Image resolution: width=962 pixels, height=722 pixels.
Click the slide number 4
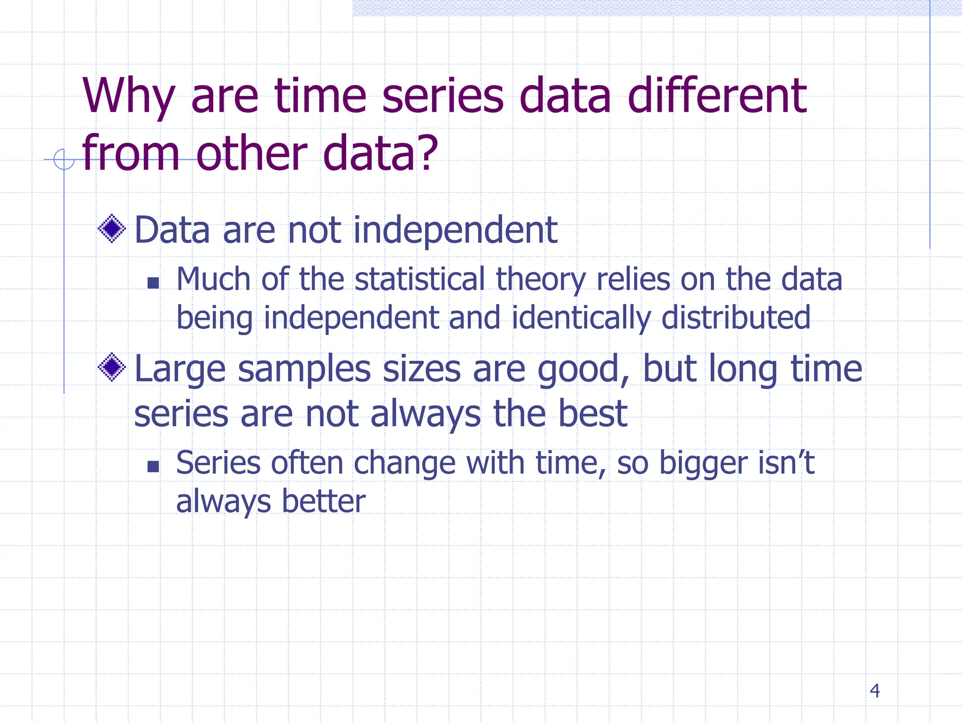874,691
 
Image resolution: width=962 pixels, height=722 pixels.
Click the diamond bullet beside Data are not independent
112,229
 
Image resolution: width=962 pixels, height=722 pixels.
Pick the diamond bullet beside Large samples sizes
112,367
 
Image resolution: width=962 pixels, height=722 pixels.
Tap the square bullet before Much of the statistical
153,283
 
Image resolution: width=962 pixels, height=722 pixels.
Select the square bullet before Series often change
153,466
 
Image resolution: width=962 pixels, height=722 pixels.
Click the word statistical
419,279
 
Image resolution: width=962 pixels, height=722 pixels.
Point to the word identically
581,318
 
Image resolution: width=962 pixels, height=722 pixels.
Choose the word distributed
736,318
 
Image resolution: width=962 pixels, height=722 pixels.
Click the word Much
213,279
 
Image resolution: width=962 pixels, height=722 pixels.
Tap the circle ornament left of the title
64,159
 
